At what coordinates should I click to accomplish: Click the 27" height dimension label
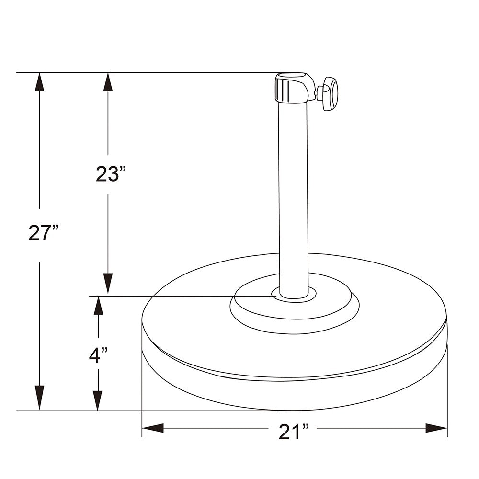(43, 232)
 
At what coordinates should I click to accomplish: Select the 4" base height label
(98, 355)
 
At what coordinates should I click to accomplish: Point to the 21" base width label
(294, 432)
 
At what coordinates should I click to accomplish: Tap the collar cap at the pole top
(291, 88)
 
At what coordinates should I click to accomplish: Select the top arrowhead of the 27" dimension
(39, 81)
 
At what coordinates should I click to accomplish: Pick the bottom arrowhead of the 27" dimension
(39, 398)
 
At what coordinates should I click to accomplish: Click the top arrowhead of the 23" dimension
(108, 81)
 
